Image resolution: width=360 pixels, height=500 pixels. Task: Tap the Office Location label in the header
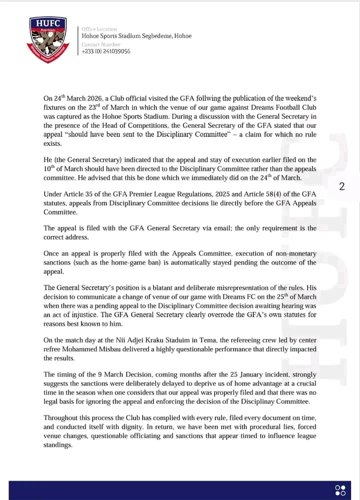coord(99,29)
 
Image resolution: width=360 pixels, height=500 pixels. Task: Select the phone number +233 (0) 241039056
coord(106,51)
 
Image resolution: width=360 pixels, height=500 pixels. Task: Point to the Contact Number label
coord(100,44)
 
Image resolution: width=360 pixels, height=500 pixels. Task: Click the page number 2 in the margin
coord(342,187)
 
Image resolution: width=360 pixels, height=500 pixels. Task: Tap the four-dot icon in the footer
coord(340,489)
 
